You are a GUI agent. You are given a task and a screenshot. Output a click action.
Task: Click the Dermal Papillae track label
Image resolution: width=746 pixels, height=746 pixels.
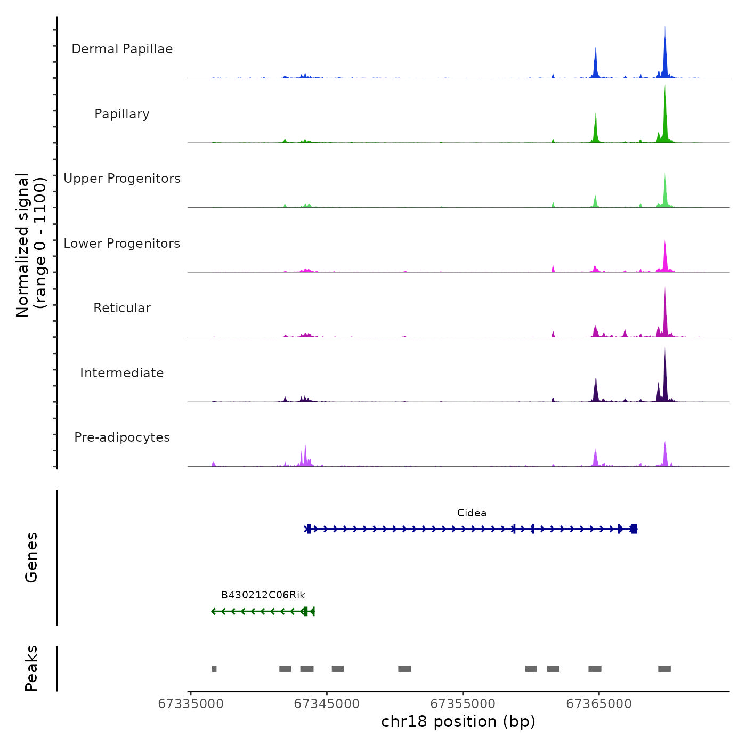tap(122, 49)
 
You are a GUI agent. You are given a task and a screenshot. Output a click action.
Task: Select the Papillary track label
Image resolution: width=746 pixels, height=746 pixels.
tap(122, 114)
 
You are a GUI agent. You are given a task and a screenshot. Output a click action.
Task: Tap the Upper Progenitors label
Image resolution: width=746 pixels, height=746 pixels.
tap(122, 179)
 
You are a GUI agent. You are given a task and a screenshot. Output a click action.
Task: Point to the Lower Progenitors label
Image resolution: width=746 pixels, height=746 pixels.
tap(122, 244)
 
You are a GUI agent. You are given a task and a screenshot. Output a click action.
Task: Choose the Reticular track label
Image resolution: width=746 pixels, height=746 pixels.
tap(122, 308)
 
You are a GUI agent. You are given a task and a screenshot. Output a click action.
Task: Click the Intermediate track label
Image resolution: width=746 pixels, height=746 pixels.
tap(122, 373)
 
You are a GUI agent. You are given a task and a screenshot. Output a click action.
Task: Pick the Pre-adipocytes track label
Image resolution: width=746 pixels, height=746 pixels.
tap(122, 437)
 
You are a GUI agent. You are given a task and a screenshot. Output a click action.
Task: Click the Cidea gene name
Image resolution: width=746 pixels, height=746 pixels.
tap(472, 513)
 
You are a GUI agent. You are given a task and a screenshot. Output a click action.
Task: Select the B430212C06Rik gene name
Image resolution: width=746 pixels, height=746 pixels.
tap(263, 595)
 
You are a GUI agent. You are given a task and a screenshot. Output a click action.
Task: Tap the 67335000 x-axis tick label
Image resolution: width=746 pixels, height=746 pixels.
tap(191, 704)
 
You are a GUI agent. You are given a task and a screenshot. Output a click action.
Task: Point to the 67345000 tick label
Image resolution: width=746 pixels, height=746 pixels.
tap(327, 704)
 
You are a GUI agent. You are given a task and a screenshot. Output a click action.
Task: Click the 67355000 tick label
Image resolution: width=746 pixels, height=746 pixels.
tap(463, 704)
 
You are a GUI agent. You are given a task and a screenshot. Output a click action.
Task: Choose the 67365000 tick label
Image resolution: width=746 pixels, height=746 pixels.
tap(598, 704)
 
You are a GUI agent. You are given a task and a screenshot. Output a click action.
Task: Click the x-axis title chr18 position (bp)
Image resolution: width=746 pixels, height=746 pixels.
tap(458, 721)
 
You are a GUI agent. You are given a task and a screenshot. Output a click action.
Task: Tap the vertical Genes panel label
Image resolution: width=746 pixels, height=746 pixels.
tap(31, 557)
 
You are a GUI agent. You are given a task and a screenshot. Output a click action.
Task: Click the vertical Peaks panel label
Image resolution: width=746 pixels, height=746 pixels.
tap(31, 668)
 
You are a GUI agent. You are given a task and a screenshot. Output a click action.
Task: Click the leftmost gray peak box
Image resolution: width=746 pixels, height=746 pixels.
tap(214, 669)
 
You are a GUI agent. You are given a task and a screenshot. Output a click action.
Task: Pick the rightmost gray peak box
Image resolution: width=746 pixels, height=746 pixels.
tap(664, 669)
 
